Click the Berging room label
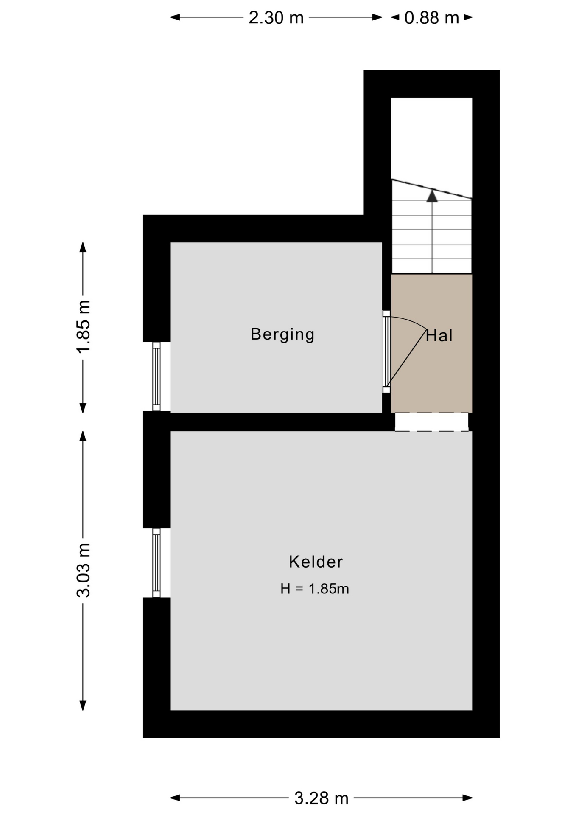tap(282, 334)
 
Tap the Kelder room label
tap(316, 562)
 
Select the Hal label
tap(439, 336)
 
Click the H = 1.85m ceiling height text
tap(315, 589)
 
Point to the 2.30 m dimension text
tap(276, 18)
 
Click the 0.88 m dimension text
tap(432, 18)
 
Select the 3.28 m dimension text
tap(322, 798)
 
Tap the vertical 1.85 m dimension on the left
tap(84, 326)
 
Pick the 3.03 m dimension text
tap(84, 570)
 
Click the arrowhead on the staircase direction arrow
tap(432, 196)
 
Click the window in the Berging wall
tap(157, 377)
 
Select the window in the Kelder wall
tap(157, 563)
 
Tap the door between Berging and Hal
tap(386, 352)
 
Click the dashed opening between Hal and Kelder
tap(432, 422)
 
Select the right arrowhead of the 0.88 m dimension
tap(468, 17)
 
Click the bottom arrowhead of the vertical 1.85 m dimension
tap(83, 408)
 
